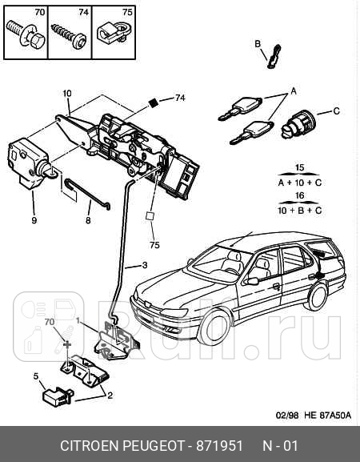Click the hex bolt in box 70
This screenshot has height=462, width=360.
[x=26, y=34]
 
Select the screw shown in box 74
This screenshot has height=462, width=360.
[x=70, y=35]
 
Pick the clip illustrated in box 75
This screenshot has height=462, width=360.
[x=113, y=32]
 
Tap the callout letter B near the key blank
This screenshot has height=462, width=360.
[x=258, y=44]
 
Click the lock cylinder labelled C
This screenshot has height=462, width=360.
[x=298, y=124]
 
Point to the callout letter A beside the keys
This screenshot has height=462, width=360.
[x=294, y=91]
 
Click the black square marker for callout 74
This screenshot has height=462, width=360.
[x=153, y=102]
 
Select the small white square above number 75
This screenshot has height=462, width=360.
[x=150, y=216]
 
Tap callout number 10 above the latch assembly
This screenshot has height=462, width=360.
[x=67, y=94]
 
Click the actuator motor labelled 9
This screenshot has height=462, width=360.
[x=30, y=163]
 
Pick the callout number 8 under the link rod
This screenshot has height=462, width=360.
[x=88, y=220]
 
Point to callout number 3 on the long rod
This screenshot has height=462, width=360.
[x=145, y=265]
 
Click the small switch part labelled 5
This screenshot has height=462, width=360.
[x=58, y=397]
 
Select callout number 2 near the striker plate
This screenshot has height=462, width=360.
[x=110, y=396]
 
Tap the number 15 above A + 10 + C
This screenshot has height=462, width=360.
[x=299, y=167]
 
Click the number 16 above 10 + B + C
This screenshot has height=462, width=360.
[x=299, y=195]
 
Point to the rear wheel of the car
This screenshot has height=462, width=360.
[x=317, y=296]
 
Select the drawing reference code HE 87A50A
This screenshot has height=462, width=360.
[x=327, y=416]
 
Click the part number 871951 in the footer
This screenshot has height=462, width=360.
[x=219, y=446]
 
